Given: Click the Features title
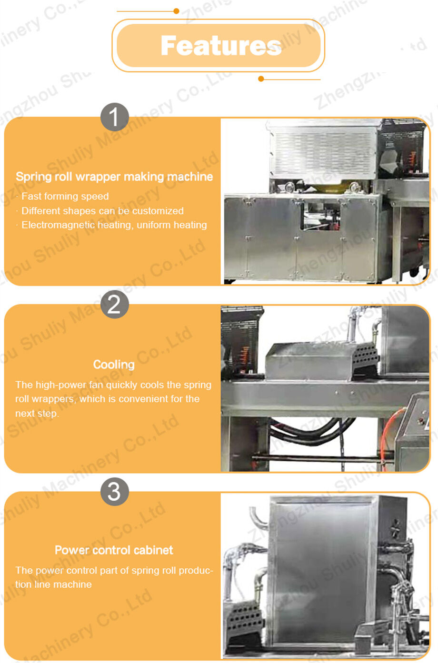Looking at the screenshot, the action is [x=221, y=46].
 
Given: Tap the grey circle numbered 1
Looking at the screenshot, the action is [x=115, y=117].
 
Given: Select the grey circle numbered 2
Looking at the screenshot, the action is [x=115, y=304].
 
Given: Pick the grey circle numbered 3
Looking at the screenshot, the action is [x=115, y=492].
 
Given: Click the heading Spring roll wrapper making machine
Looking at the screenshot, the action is [x=114, y=177].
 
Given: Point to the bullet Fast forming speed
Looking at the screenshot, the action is [x=65, y=196].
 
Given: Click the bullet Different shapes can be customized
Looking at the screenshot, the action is [x=102, y=211].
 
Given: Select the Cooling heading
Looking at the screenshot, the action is [x=114, y=365].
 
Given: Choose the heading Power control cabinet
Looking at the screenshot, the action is [x=114, y=550].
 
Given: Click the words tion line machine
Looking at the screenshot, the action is [x=54, y=584].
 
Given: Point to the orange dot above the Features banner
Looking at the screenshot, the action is [x=176, y=11].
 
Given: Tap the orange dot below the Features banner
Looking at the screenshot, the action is [x=261, y=79].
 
